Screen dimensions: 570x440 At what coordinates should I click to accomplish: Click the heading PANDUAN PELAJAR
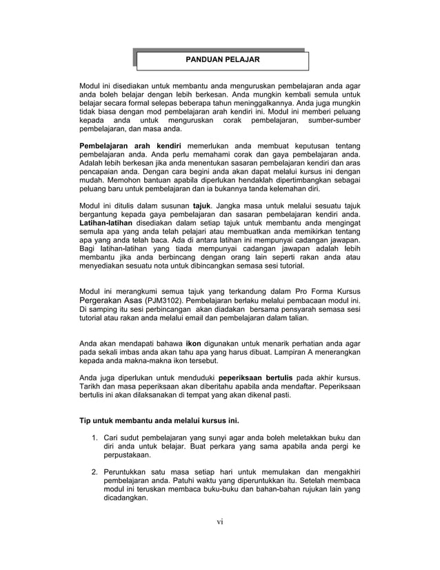[222, 60]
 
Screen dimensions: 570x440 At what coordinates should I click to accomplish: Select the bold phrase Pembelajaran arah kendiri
[131, 146]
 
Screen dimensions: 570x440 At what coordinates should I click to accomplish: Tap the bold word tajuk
[201, 206]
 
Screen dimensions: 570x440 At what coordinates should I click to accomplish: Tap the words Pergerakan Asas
[111, 302]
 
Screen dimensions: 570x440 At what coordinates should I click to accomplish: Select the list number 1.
[94, 438]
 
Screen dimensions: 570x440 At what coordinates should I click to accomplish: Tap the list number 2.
[94, 471]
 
